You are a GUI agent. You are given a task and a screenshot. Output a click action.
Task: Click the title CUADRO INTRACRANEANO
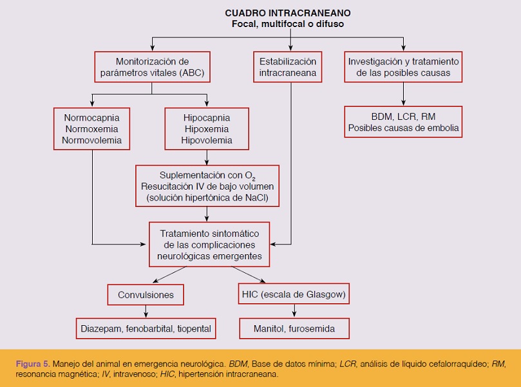288,13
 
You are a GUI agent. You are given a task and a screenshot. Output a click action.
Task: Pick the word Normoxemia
91,129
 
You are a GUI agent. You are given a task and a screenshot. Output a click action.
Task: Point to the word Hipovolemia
207,140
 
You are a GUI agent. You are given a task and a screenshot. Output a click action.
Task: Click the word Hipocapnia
207,117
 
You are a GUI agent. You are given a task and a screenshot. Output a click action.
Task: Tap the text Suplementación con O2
207,175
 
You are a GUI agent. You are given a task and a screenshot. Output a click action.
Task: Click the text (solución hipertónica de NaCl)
207,197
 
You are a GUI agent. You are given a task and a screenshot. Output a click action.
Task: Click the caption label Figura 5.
33,364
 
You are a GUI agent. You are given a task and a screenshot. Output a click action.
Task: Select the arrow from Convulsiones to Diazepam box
146,312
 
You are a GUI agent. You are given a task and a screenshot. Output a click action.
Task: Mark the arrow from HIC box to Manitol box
294,311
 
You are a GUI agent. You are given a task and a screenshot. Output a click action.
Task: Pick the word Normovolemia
91,140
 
